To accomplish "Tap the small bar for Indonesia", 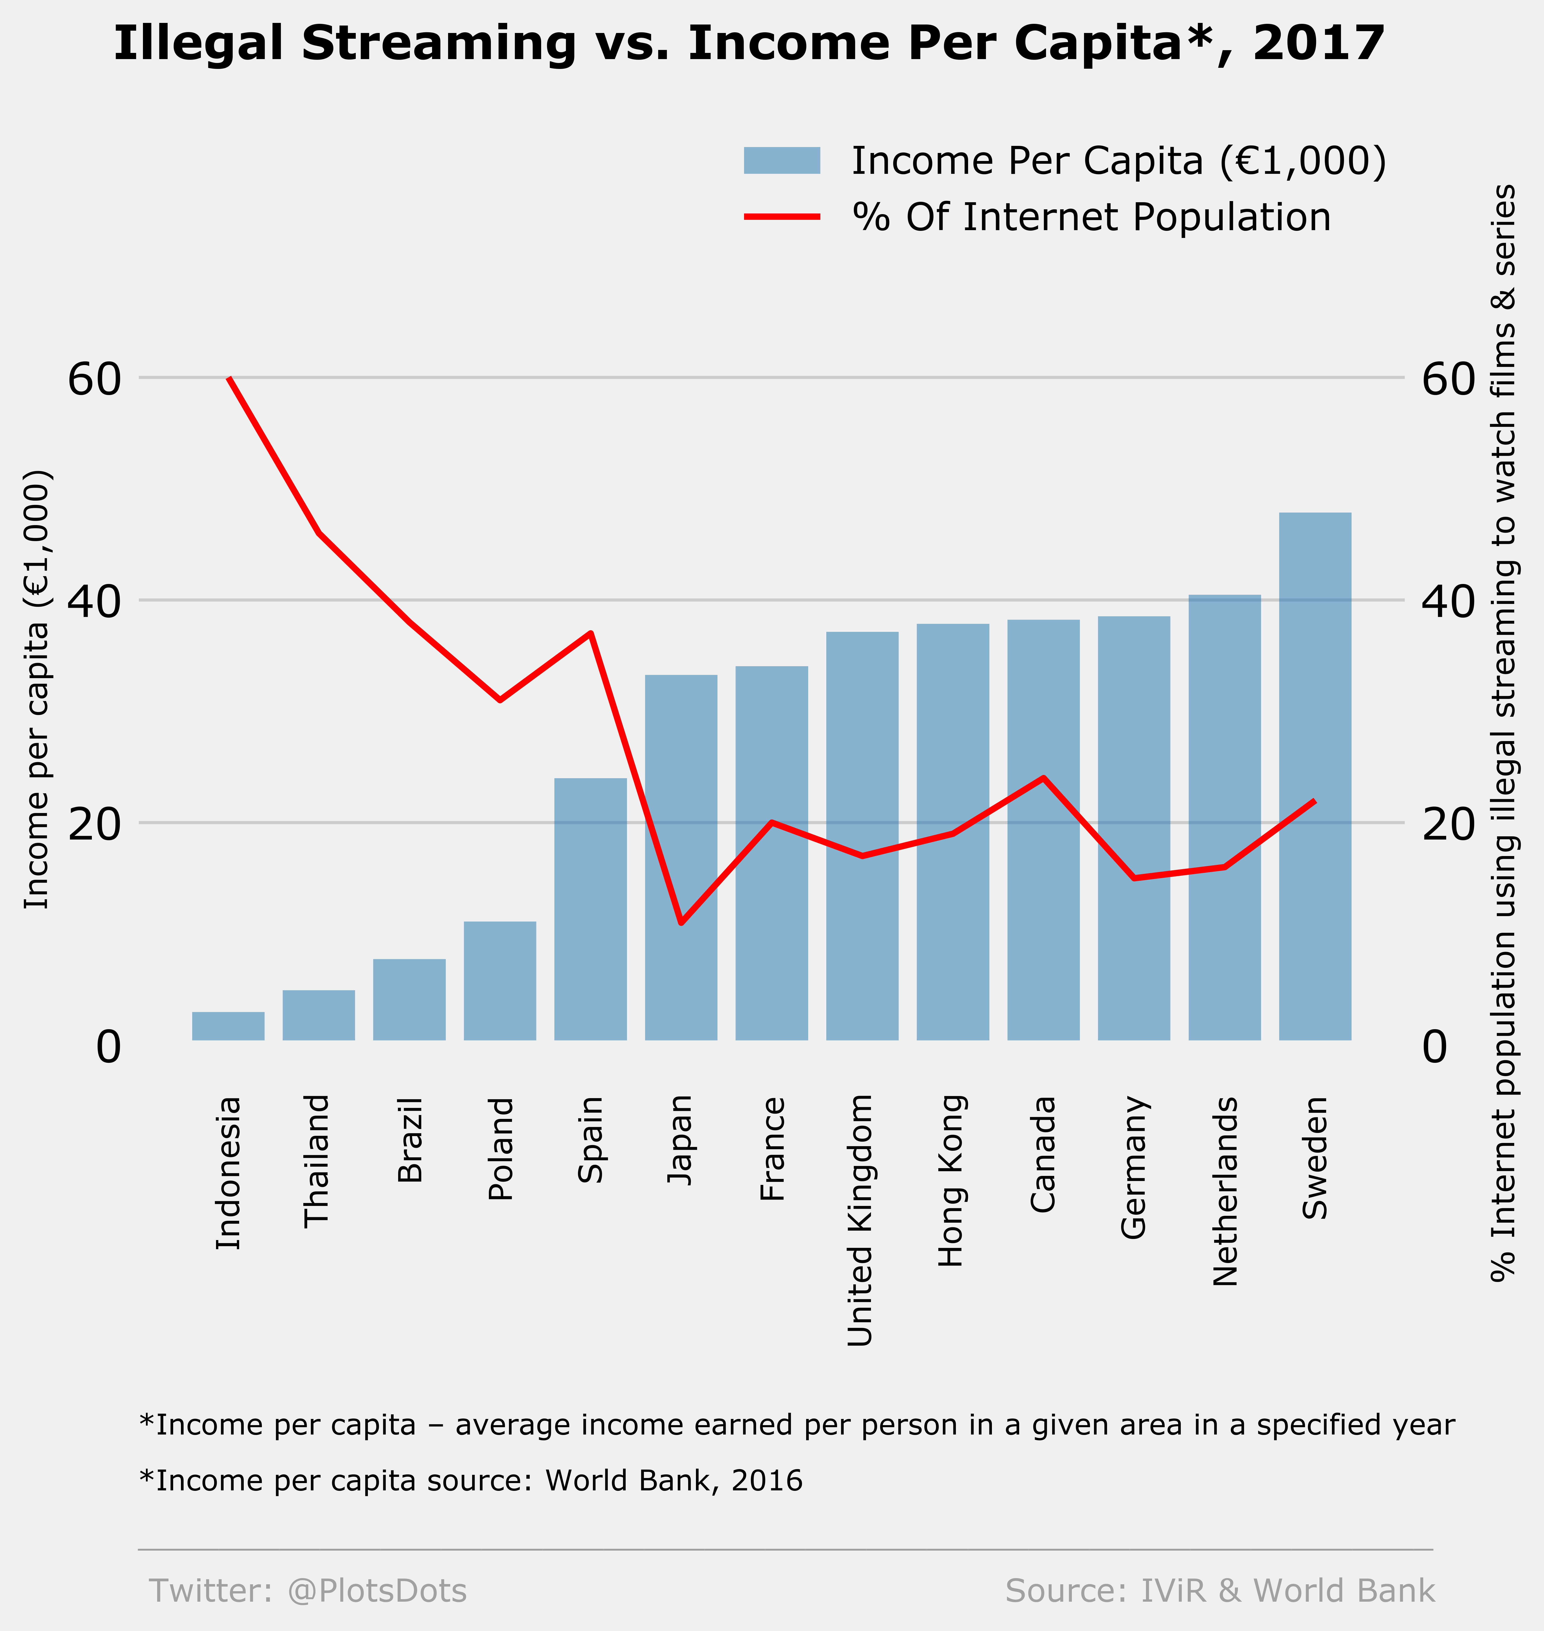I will click(x=228, y=1026).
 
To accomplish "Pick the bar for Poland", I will click(x=500, y=981).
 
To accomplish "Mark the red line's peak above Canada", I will click(x=1043, y=778).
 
